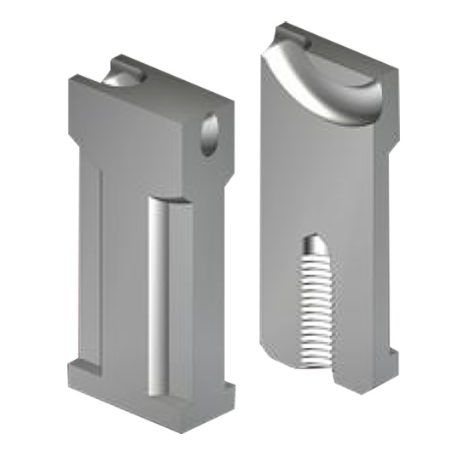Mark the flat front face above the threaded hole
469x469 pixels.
pyautogui.click(x=316, y=171)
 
